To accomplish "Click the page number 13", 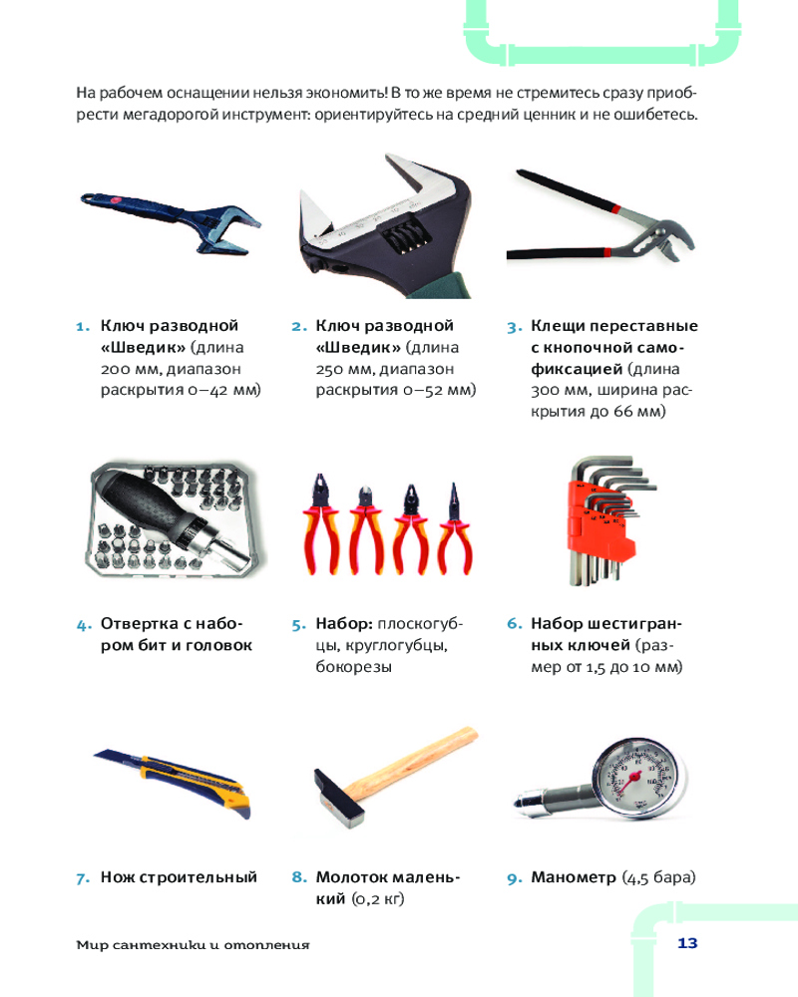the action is point(687,943).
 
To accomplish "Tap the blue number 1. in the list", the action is point(83,327).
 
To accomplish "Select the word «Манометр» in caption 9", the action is point(574,877).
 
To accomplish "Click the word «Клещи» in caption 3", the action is point(558,327).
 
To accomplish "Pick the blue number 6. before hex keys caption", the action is point(514,624).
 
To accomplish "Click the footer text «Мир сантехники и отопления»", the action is point(193,945).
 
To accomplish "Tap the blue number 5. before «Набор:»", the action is point(298,625).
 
